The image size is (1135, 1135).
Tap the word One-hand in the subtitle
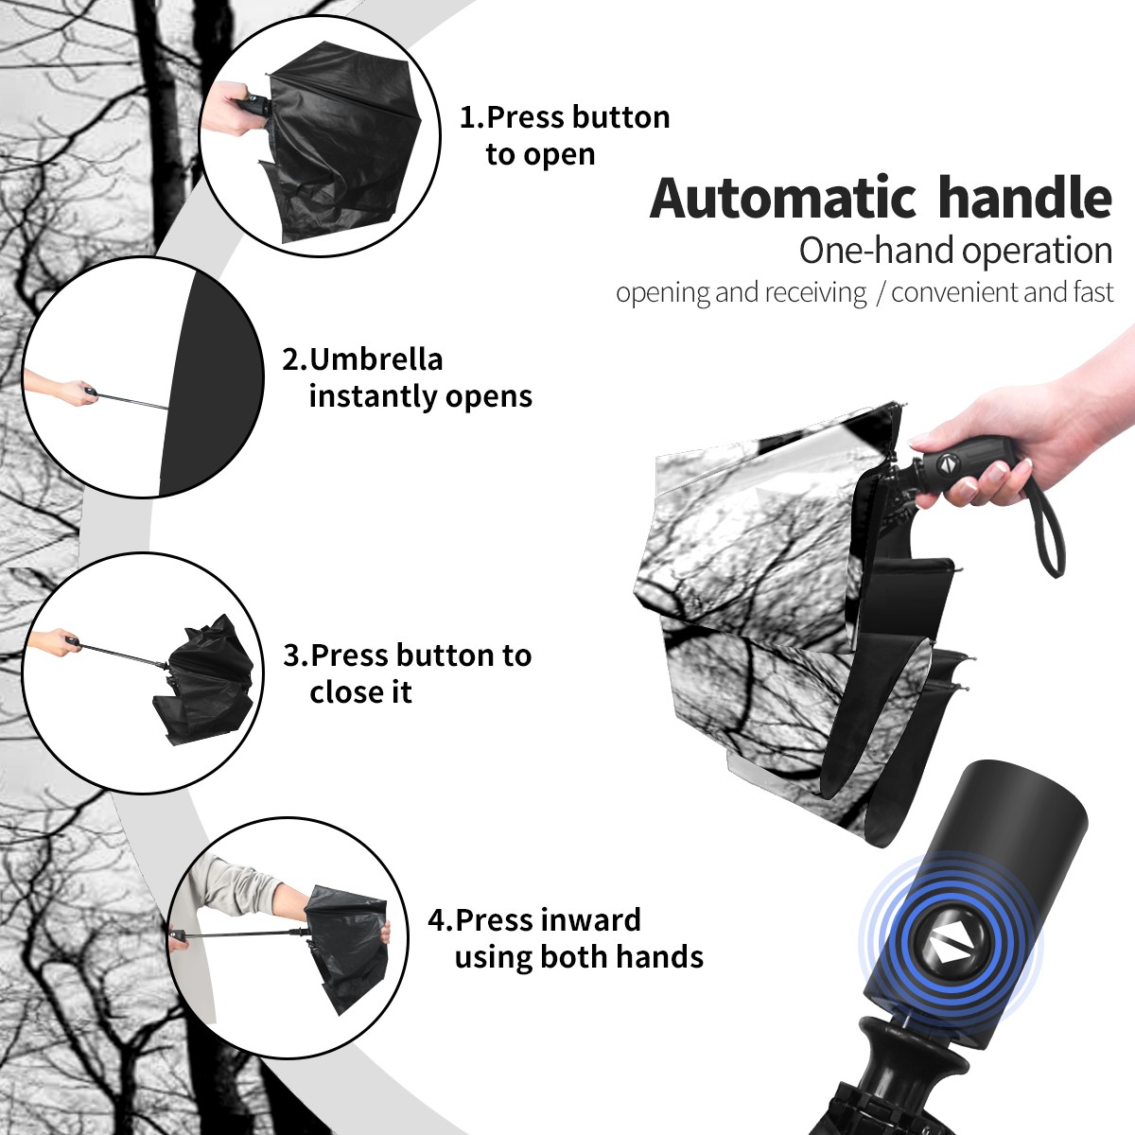pyautogui.click(x=877, y=251)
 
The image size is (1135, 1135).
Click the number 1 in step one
pyautogui.click(x=467, y=117)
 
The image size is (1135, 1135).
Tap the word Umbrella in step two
pyautogui.click(x=376, y=359)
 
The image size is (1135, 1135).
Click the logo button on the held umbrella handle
pyautogui.click(x=947, y=463)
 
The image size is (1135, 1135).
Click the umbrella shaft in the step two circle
pyautogui.click(x=133, y=401)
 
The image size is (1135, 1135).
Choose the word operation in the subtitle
pyautogui.click(x=1038, y=252)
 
